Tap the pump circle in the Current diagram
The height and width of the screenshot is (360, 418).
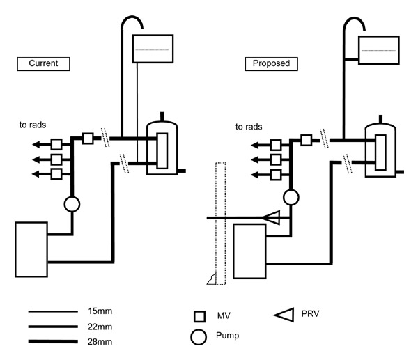72,204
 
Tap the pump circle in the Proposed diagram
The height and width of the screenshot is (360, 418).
291,198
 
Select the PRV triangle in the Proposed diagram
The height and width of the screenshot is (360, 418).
274,219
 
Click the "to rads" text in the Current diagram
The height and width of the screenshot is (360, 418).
33,126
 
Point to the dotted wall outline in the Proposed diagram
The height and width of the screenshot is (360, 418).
221,223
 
